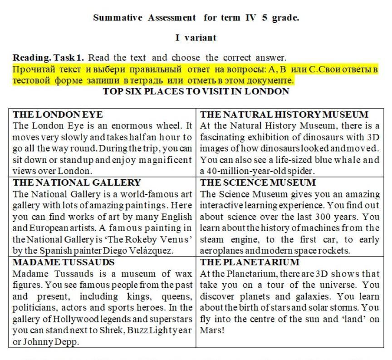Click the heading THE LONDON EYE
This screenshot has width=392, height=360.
58,114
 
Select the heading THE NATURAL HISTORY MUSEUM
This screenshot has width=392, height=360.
284,114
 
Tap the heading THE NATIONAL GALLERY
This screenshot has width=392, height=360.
77,182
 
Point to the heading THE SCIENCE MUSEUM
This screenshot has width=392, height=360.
258,182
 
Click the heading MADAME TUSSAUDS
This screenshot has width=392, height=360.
64,262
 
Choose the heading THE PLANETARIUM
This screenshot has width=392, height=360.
250,262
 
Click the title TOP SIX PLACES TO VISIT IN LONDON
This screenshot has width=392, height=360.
196,91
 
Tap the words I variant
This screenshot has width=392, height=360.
196,38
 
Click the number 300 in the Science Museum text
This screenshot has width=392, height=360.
319,217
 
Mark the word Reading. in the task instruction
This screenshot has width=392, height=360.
32,58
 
